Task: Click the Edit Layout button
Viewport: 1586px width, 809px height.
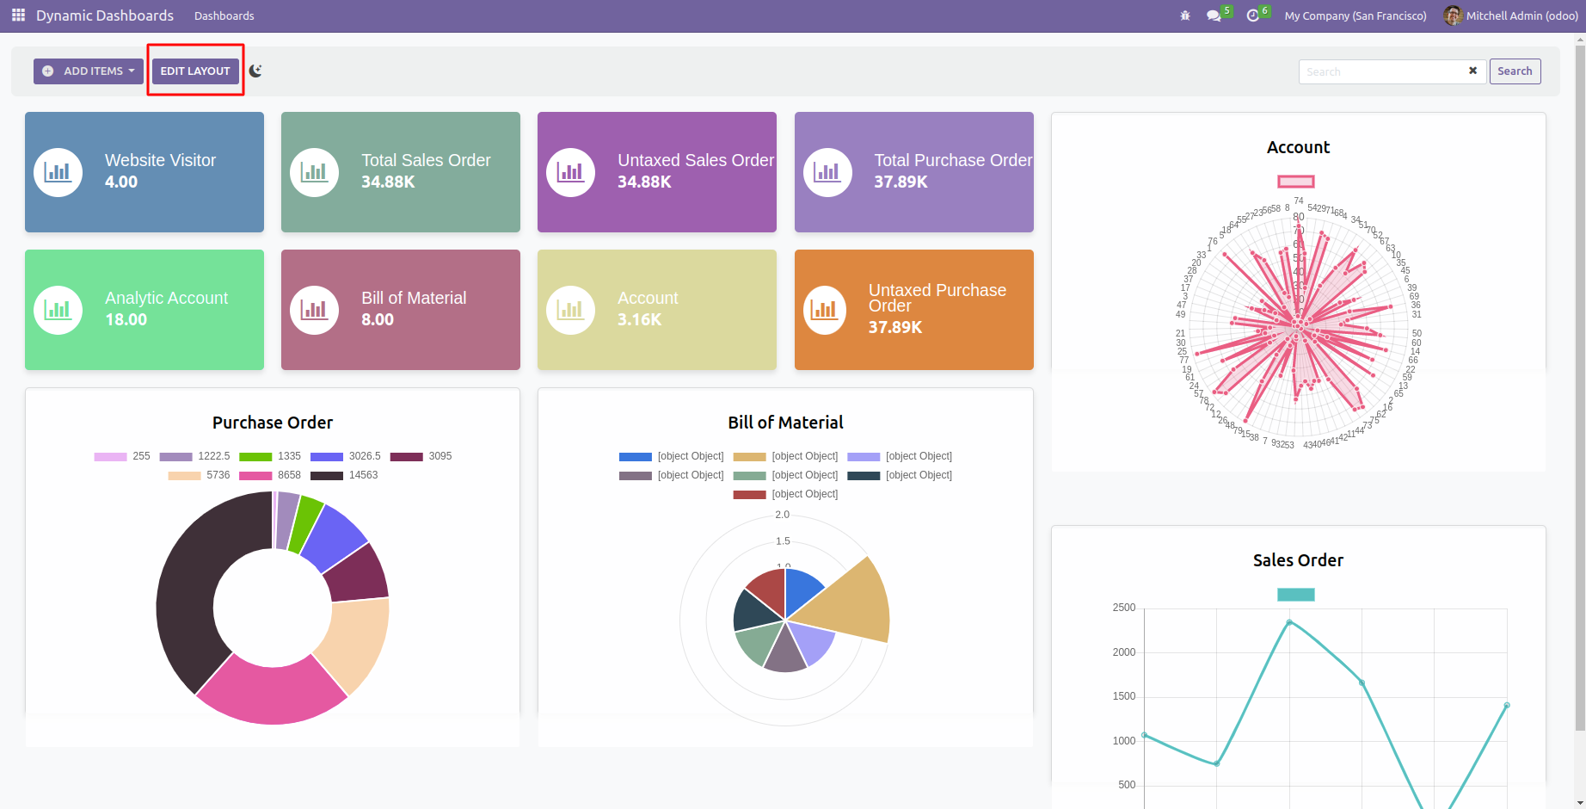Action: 195,71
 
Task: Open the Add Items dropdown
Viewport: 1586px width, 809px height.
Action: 89,71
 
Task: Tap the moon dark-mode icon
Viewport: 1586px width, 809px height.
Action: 255,71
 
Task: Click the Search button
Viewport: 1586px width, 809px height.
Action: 1514,71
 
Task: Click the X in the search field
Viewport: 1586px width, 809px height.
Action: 1472,71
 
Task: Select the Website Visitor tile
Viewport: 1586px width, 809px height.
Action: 144,172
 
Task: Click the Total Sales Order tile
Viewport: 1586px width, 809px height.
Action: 401,172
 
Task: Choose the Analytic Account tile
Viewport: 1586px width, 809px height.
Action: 144,310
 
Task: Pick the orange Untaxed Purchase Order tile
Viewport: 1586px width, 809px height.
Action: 913,310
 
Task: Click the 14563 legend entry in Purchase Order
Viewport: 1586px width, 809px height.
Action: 345,475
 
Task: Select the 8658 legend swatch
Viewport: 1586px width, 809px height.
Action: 255,475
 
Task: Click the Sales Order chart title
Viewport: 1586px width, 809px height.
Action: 1298,560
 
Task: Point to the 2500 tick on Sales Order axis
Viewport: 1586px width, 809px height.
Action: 1123,608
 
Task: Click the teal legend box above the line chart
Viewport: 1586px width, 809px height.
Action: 1296,595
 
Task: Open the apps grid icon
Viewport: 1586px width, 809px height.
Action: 18,15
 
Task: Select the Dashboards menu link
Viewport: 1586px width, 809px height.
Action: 224,15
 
